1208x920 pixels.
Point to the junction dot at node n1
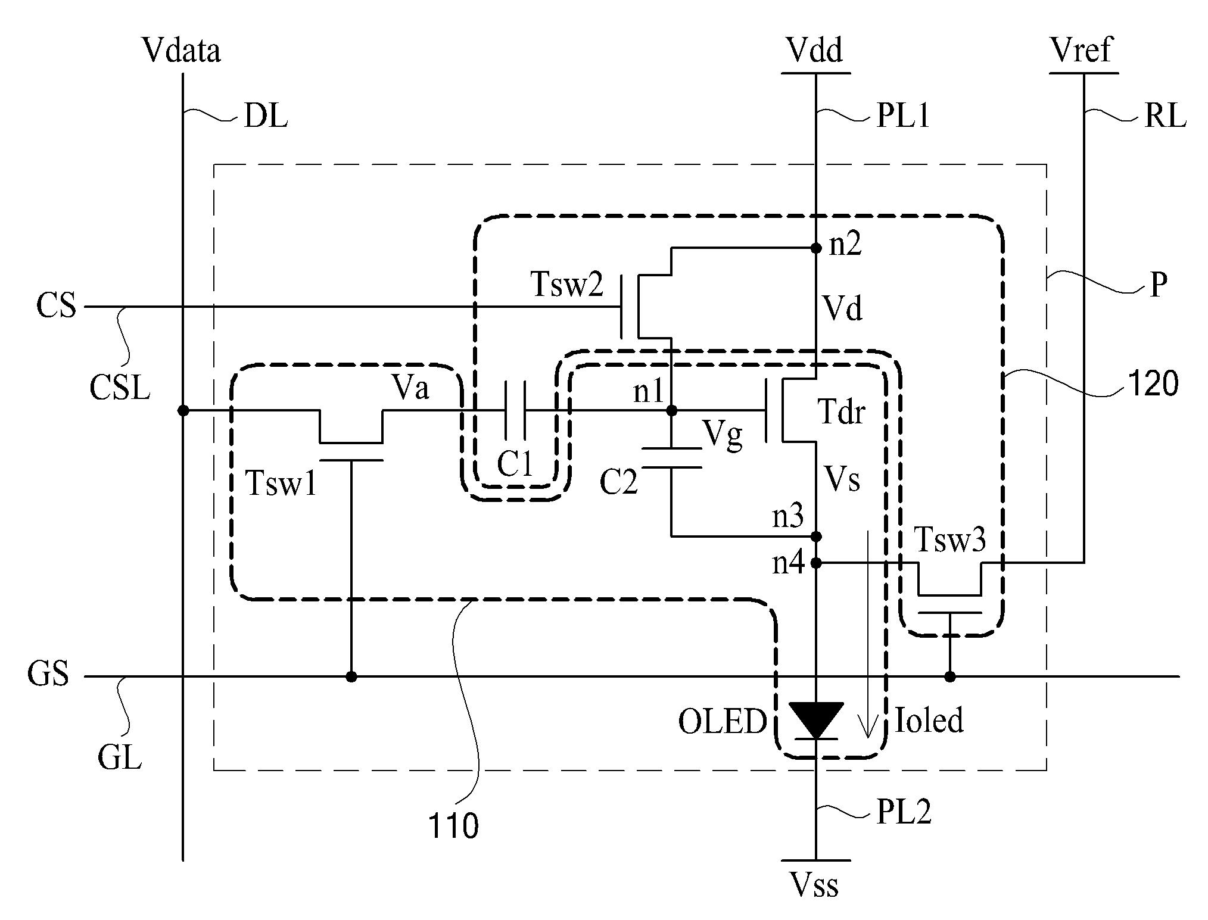click(671, 410)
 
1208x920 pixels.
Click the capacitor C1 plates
click(515, 410)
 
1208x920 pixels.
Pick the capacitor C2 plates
click(671, 458)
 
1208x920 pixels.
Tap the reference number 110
click(453, 826)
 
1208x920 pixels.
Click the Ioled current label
click(929, 721)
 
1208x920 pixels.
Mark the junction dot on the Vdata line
click(183, 410)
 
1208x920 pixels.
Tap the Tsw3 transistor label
click(949, 539)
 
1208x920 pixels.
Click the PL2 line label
click(904, 812)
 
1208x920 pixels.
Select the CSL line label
click(120, 388)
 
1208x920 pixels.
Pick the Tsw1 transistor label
click(281, 483)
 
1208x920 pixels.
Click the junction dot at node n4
click(816, 562)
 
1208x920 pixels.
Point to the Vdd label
click(814, 50)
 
